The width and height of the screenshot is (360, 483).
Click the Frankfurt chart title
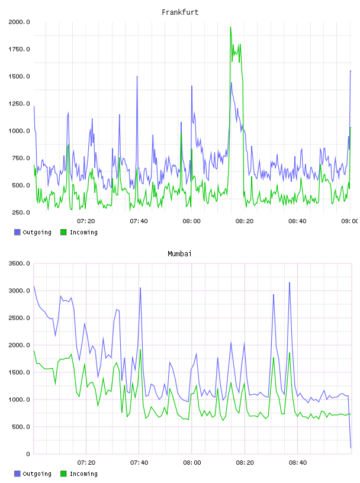(180, 12)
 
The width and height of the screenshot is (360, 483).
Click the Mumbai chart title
(179, 254)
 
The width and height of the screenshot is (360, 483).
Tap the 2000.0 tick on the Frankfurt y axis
(19, 22)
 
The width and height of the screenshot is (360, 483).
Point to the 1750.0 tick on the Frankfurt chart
(19, 49)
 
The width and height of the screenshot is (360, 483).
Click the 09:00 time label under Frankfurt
(350, 221)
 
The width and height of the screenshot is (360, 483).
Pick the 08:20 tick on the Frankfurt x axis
(245, 221)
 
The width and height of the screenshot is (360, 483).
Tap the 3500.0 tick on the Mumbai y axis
(19, 263)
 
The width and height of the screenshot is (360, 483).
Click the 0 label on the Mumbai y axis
(28, 454)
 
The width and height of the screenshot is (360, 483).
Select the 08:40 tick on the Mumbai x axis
(298, 462)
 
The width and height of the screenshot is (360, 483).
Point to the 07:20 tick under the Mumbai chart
(86, 462)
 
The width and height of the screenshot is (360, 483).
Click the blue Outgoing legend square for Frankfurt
(17, 232)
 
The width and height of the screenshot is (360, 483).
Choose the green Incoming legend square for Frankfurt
(63, 232)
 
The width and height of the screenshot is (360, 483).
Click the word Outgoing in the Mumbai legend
(37, 474)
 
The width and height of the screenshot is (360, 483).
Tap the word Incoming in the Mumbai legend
(83, 474)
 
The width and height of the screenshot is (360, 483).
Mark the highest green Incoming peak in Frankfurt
(230, 27)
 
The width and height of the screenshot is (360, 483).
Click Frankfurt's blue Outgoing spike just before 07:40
(137, 76)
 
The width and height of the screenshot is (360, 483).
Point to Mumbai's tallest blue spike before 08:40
(290, 282)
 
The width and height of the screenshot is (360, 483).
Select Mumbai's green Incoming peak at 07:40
(140, 350)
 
